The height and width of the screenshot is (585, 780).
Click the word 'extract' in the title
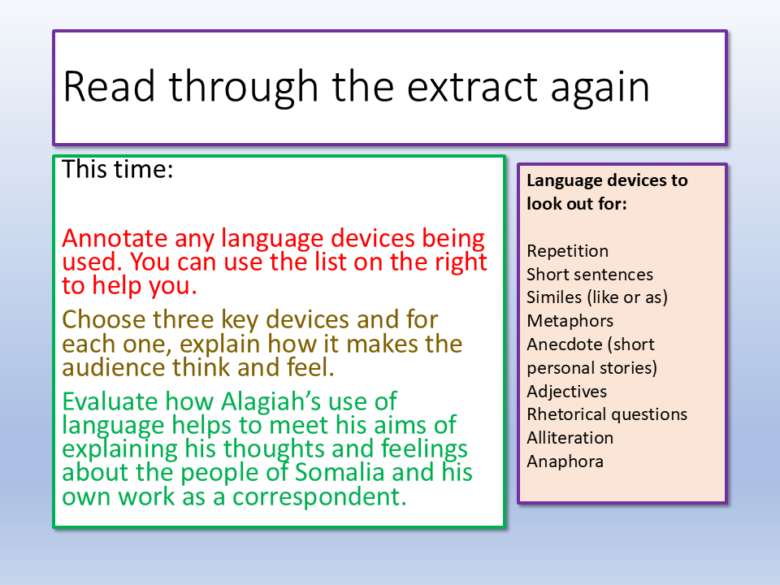coord(472,87)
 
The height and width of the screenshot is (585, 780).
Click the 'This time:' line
coord(117,169)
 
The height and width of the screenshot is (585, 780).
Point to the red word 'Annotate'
coord(115,238)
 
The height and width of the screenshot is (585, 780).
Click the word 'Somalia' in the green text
coord(340,472)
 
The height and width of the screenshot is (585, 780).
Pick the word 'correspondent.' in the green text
coord(319,497)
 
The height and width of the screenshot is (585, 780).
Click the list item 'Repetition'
coord(567,251)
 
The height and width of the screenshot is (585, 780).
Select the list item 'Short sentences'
coord(590,274)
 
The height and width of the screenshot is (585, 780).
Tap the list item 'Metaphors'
coord(570,321)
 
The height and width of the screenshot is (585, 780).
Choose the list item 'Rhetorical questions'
coord(606,414)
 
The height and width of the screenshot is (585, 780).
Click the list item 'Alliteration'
coord(570,438)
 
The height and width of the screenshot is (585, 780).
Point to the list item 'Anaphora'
coord(565,461)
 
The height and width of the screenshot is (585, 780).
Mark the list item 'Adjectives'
coord(566,392)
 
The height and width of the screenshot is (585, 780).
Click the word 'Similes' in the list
coord(554,297)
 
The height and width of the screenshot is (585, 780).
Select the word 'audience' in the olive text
coord(114,368)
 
